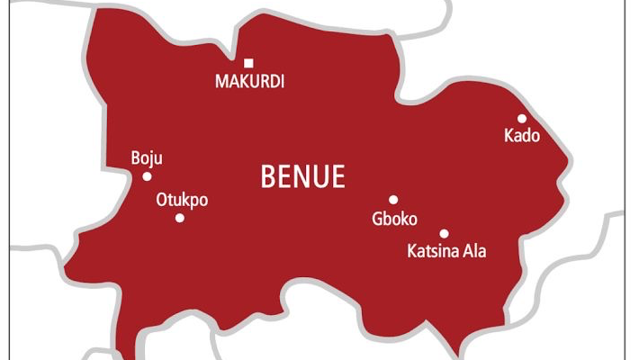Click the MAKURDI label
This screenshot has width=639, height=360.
[249, 82]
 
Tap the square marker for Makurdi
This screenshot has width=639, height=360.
[249, 63]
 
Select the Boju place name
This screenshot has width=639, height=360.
[147, 158]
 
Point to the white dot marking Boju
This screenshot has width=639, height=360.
[147, 176]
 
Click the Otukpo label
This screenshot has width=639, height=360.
[182, 200]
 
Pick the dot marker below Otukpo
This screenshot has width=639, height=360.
[180, 218]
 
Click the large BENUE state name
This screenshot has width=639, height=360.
[302, 177]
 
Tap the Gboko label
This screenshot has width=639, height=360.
[394, 218]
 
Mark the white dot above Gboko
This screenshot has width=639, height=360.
[393, 200]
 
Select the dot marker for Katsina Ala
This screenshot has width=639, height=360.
[444, 233]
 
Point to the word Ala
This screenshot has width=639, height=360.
[474, 251]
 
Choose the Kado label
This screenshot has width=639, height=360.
[522, 136]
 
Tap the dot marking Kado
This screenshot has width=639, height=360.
[522, 118]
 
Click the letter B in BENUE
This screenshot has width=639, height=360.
[268, 177]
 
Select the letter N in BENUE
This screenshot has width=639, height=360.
[302, 177]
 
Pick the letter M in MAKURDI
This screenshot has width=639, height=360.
[221, 82]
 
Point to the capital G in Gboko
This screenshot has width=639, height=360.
[377, 218]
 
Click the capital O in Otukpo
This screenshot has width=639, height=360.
[162, 200]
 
